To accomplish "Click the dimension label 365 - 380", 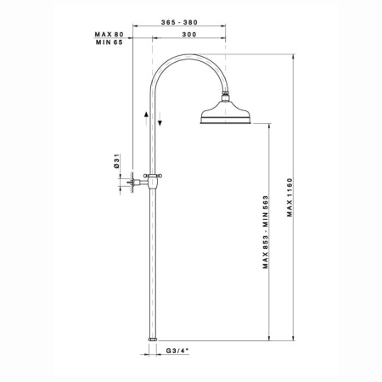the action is (179, 22).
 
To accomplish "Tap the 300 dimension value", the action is (189, 35).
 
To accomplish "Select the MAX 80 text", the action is (110, 35).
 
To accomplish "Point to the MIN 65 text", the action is (110, 42).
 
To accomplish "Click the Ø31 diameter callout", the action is (117, 162).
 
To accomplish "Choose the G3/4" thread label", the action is (177, 351).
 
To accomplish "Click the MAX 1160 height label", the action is (289, 197).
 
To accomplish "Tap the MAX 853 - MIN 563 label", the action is (265, 232).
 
